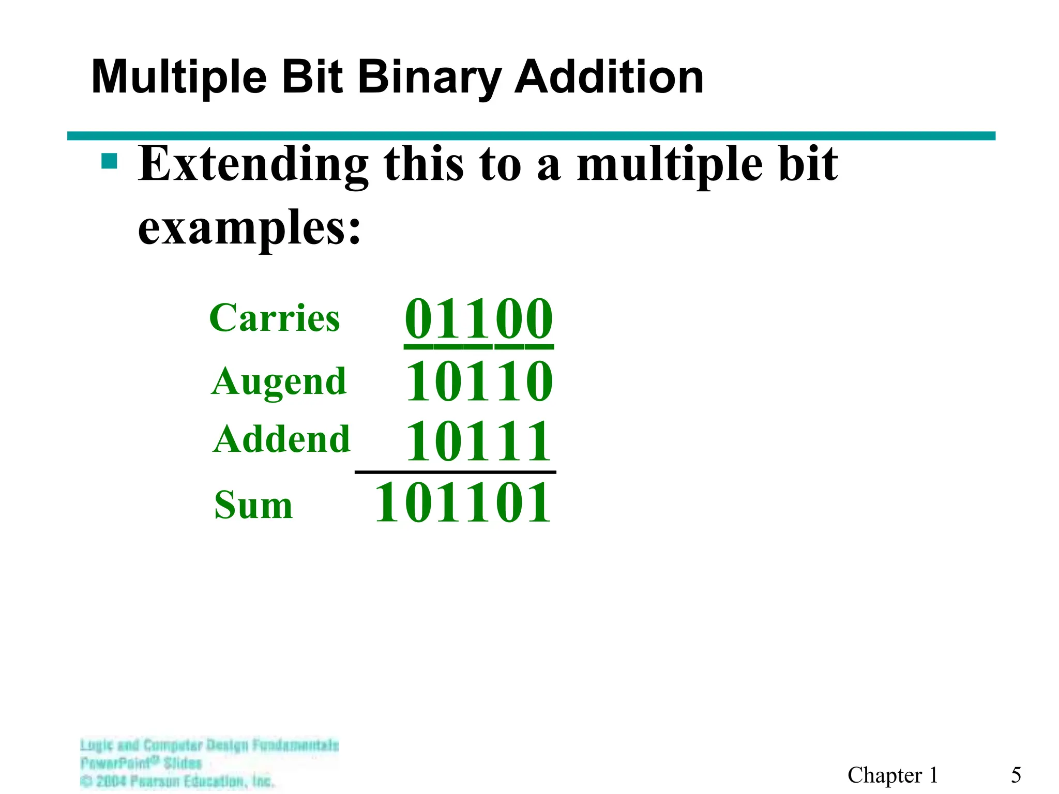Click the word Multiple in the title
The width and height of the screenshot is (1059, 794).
pos(179,78)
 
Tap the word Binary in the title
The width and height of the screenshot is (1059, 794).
pos(430,78)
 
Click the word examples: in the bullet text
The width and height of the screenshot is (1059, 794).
pos(249,227)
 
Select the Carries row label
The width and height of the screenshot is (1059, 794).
pos(275,317)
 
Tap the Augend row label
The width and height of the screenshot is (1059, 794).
pos(279,381)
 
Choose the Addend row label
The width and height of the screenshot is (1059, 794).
pos(281,439)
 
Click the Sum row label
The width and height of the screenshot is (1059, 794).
pos(253,505)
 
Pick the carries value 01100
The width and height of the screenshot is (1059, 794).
pos(479,318)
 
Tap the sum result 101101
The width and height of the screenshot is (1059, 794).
pos(462,502)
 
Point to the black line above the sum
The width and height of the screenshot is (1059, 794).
pos(455,472)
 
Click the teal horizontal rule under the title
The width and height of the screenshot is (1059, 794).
pos(531,136)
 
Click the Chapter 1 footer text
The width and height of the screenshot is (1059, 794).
pos(892,775)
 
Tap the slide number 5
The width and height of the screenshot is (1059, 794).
pos(1016,775)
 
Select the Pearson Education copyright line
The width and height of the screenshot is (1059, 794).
pos(177,781)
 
